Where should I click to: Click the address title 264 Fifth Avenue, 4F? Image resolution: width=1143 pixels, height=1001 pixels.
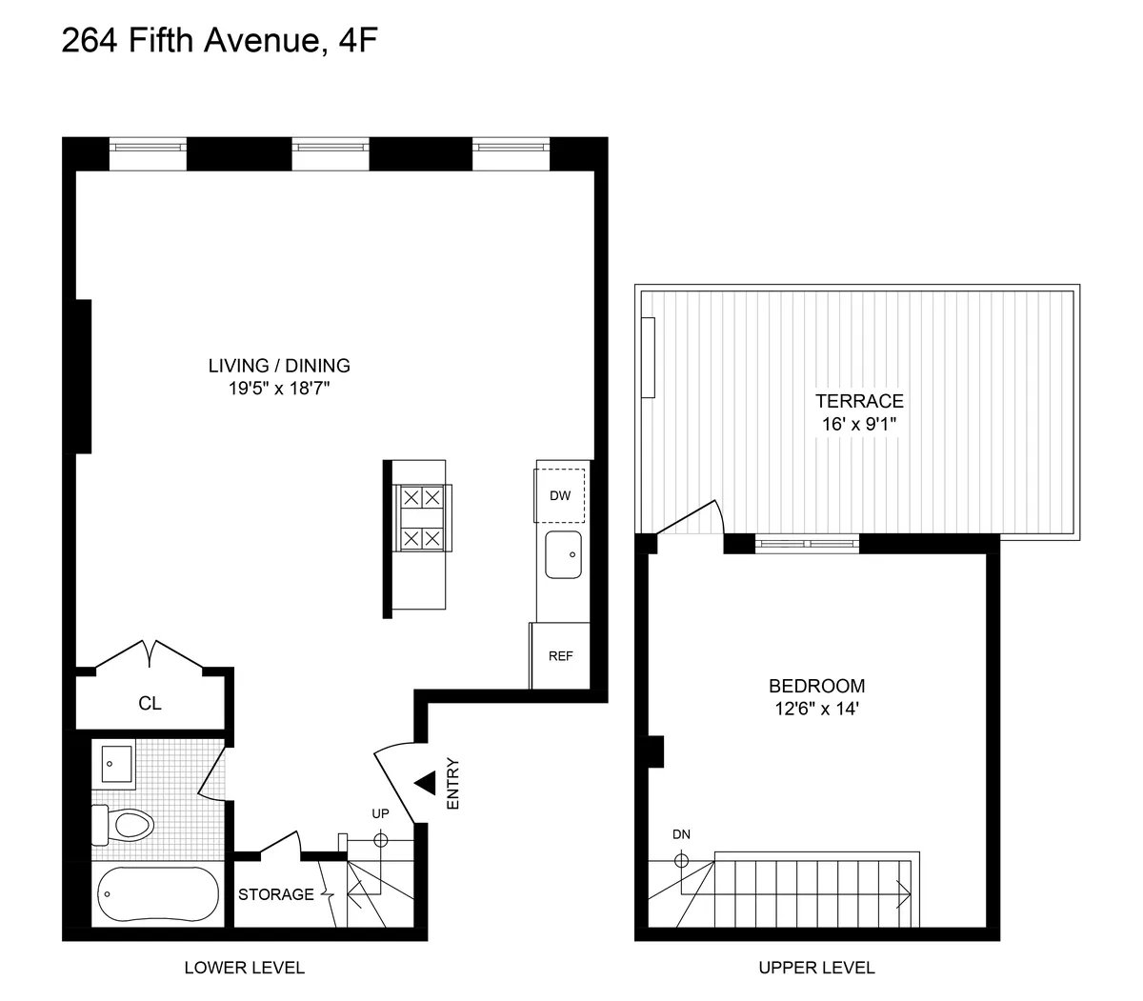(x=212, y=42)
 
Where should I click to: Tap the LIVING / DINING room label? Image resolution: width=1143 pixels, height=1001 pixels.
(x=279, y=365)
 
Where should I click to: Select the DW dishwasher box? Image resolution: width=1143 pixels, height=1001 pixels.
(x=560, y=495)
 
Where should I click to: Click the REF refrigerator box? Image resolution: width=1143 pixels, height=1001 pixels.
(x=560, y=656)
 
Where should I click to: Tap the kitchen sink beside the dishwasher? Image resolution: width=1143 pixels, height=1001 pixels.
(x=563, y=555)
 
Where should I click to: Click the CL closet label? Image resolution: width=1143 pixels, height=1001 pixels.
(x=150, y=704)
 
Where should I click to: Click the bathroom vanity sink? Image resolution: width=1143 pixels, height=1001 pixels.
(x=117, y=764)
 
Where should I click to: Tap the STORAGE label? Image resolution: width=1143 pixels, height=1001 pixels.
(x=275, y=894)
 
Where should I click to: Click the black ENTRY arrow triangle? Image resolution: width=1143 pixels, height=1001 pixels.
(x=425, y=784)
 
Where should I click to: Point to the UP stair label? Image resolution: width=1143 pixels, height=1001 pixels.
(x=381, y=814)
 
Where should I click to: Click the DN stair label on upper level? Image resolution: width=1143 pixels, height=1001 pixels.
(x=681, y=834)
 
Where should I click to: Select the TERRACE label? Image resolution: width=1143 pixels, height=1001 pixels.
(x=859, y=401)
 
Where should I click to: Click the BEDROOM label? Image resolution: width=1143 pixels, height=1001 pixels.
(x=816, y=686)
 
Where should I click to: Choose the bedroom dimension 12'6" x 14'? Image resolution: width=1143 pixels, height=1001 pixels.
(x=816, y=709)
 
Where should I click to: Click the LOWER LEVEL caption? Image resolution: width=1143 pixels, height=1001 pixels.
(x=244, y=968)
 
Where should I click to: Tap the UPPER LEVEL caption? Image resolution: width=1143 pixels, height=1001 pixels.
(x=816, y=968)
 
